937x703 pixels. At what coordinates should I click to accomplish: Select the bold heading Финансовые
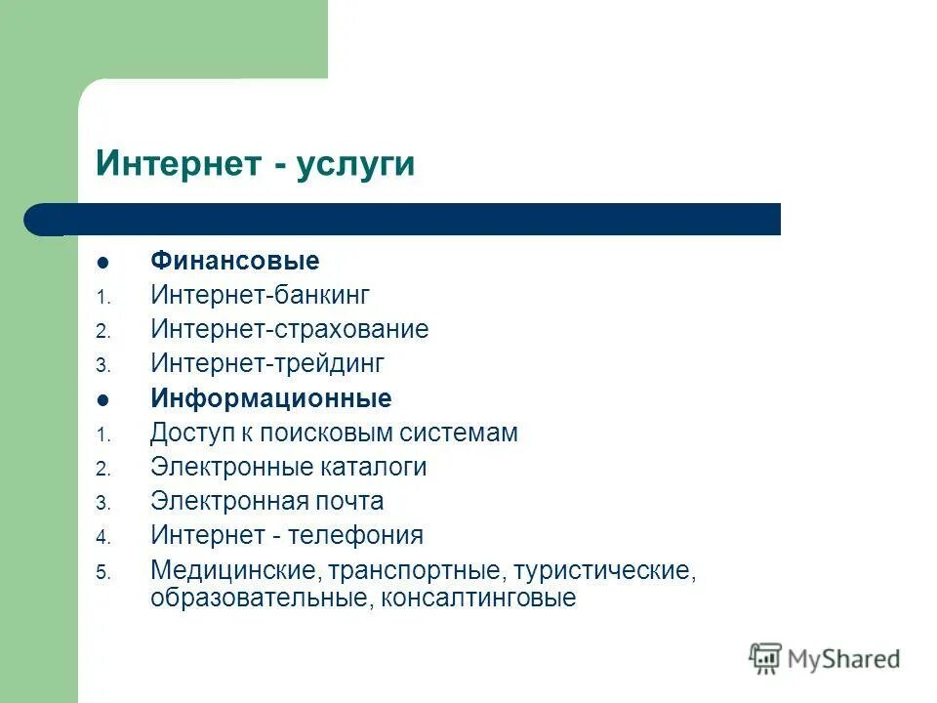click(234, 262)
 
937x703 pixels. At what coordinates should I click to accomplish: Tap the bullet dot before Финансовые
click(103, 263)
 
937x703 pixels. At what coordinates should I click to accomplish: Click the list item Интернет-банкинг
click(261, 295)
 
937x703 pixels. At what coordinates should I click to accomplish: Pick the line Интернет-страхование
click(289, 329)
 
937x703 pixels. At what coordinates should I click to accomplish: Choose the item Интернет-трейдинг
click(267, 364)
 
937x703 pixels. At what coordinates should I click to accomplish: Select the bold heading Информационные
click(270, 398)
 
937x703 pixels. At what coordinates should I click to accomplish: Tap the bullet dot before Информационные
click(103, 399)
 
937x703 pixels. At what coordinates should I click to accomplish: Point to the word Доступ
click(186, 433)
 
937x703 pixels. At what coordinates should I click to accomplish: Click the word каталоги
click(373, 467)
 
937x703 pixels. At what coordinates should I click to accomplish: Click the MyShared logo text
click(843, 658)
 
